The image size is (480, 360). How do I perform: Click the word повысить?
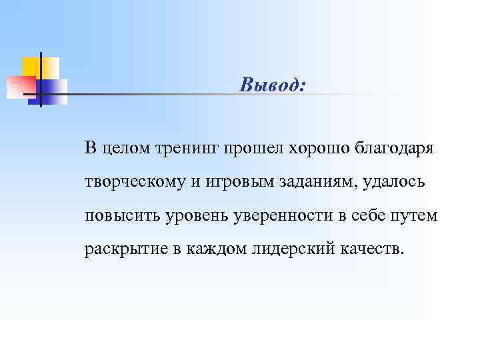(x=119, y=216)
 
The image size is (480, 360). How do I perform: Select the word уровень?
(x=191, y=216)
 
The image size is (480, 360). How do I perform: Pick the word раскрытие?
(x=121, y=250)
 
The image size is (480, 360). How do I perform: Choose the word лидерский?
(x=287, y=250)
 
